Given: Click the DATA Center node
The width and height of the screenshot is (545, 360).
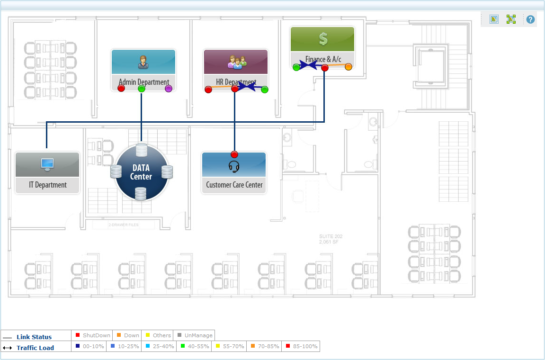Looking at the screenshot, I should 141,171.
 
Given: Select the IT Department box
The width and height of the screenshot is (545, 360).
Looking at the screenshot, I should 47,173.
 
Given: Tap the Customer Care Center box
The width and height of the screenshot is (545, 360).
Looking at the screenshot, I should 234,173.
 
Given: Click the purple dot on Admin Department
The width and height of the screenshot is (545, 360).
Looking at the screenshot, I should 168,89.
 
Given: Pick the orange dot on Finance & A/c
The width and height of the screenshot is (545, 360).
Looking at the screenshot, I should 348,67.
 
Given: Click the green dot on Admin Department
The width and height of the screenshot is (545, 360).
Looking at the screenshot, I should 141,89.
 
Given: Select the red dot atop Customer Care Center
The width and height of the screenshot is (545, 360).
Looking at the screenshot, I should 234,154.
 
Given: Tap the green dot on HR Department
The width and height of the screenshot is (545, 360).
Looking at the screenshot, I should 265,90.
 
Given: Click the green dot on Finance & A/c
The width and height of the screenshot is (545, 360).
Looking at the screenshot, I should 296,67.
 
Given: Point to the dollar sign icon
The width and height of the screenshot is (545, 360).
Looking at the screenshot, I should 323,39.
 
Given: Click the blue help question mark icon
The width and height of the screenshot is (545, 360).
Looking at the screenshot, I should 530,19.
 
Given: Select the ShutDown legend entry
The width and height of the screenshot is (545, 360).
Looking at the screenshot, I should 93,335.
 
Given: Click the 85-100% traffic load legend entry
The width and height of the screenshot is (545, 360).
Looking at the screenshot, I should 302,346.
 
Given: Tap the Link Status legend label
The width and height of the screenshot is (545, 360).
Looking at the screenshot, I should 34,337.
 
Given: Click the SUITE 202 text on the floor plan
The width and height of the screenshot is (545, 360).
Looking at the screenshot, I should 331,236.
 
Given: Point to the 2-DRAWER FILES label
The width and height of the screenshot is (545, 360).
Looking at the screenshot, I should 124,225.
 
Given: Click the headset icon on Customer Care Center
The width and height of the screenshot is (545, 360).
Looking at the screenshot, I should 234,166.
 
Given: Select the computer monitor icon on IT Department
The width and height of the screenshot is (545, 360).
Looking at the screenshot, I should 47,163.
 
